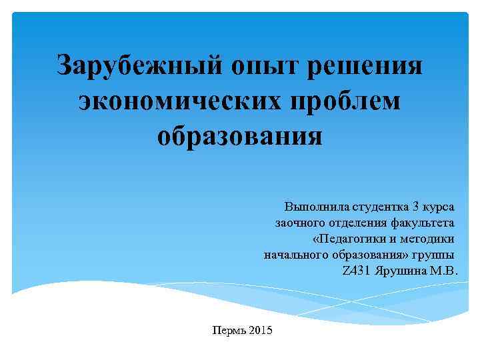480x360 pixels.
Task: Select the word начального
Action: coord(291,255)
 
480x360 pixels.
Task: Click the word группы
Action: coord(437,255)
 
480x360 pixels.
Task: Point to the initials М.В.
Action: coord(445,272)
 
